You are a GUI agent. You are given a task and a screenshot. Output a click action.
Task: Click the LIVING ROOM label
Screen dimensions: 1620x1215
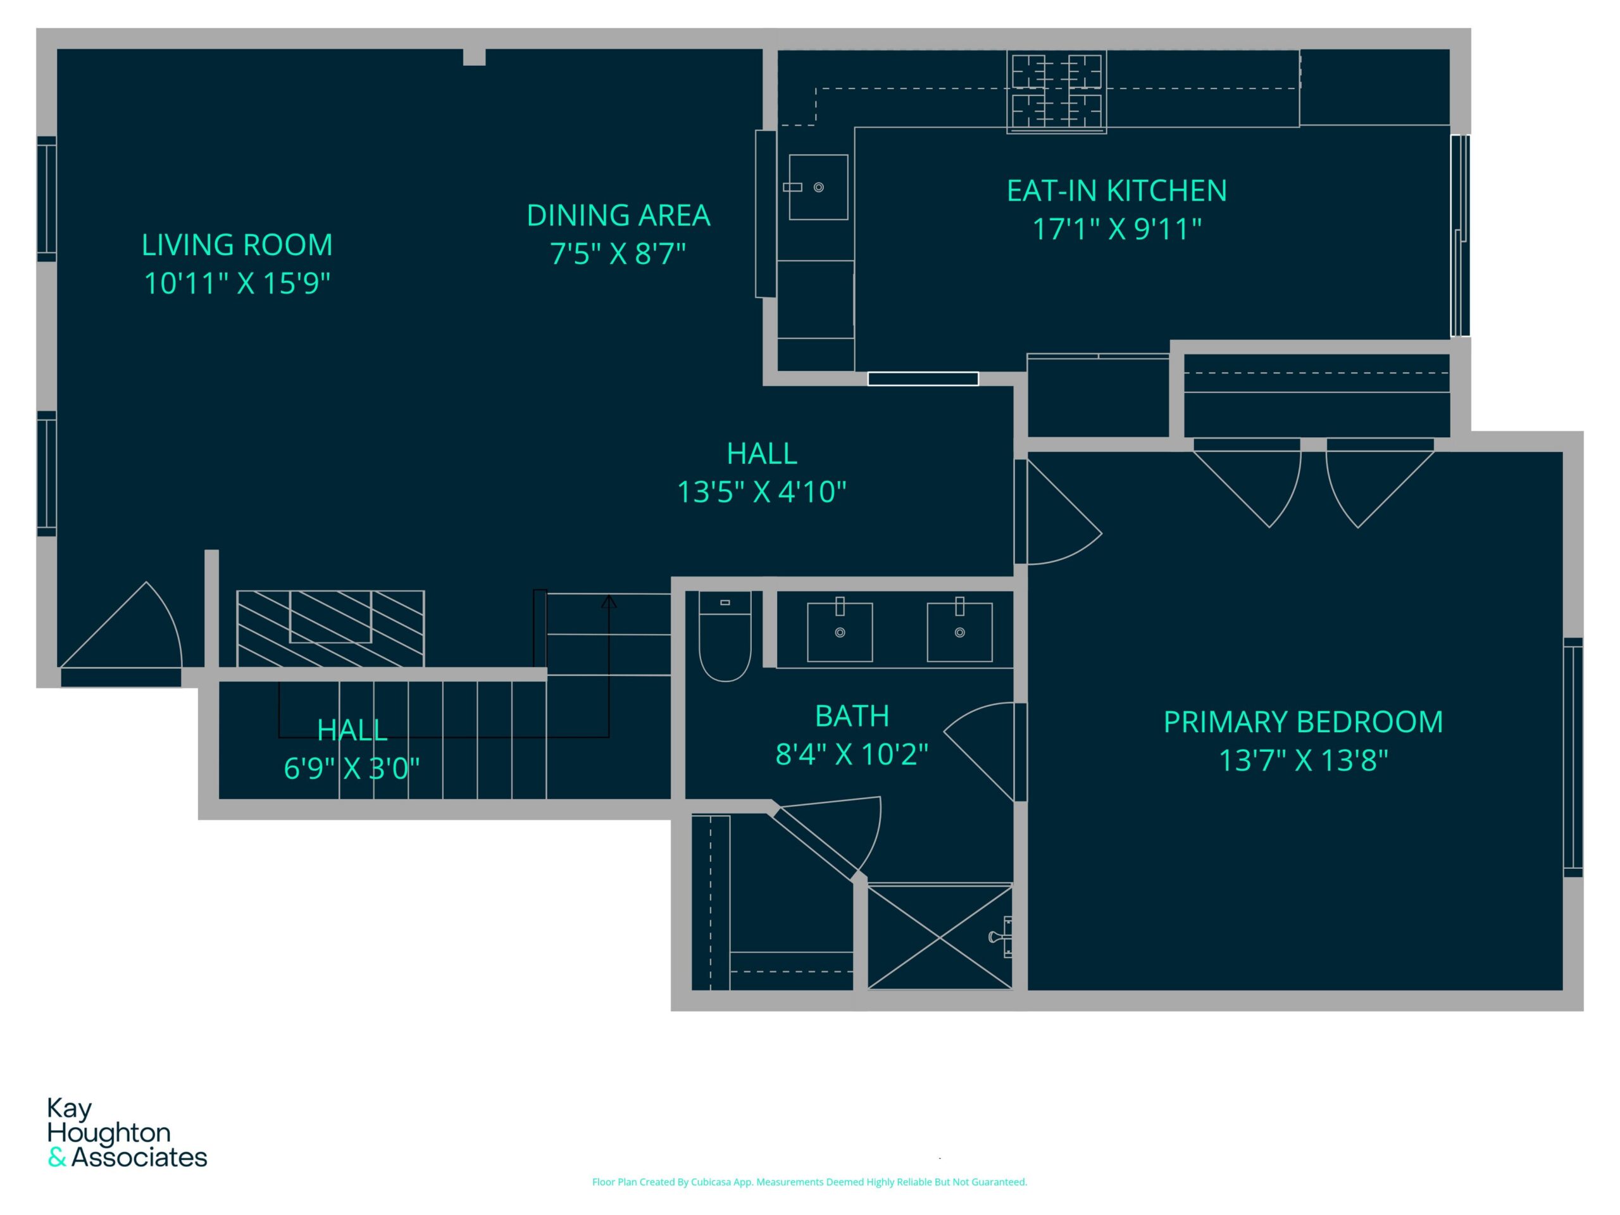(x=237, y=245)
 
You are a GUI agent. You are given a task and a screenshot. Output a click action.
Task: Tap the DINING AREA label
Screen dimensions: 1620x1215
(x=618, y=215)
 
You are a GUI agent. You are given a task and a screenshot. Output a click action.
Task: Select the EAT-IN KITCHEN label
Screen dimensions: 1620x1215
(x=1117, y=191)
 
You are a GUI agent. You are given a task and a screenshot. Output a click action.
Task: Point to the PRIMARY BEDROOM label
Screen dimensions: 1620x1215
(x=1304, y=722)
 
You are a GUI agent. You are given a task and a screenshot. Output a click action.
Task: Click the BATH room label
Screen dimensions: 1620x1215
(x=852, y=716)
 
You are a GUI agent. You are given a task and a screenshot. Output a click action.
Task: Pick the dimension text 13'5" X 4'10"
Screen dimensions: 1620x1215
(x=762, y=492)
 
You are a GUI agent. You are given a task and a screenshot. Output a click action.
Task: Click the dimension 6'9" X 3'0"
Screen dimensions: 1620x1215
(x=352, y=769)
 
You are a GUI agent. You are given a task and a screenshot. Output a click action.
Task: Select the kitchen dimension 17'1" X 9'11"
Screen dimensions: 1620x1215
(x=1117, y=229)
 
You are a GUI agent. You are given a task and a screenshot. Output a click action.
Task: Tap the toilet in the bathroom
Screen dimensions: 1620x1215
(x=725, y=637)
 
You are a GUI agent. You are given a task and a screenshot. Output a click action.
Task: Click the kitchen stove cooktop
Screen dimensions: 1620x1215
(x=1056, y=92)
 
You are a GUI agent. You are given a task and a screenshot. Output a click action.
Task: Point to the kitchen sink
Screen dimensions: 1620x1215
(x=818, y=187)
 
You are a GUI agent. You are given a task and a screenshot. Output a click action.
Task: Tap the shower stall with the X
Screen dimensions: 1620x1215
(x=940, y=937)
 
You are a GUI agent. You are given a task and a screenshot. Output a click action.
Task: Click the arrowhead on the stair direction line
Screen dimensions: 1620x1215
(x=609, y=601)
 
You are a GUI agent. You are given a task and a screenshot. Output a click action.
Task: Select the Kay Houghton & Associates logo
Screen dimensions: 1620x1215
(x=127, y=1132)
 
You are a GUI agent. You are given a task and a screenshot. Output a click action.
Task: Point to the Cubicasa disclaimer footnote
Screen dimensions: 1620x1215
(x=809, y=1182)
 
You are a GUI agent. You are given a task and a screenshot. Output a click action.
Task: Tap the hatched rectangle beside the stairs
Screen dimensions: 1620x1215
(x=330, y=628)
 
